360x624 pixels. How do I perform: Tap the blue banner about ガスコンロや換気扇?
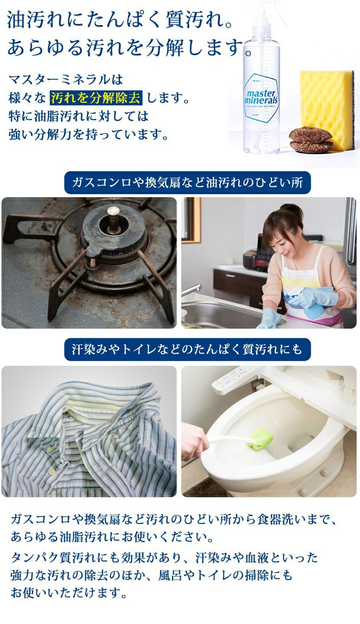(187, 183)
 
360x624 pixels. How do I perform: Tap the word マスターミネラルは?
(66, 79)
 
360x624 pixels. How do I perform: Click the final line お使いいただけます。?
(69, 594)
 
